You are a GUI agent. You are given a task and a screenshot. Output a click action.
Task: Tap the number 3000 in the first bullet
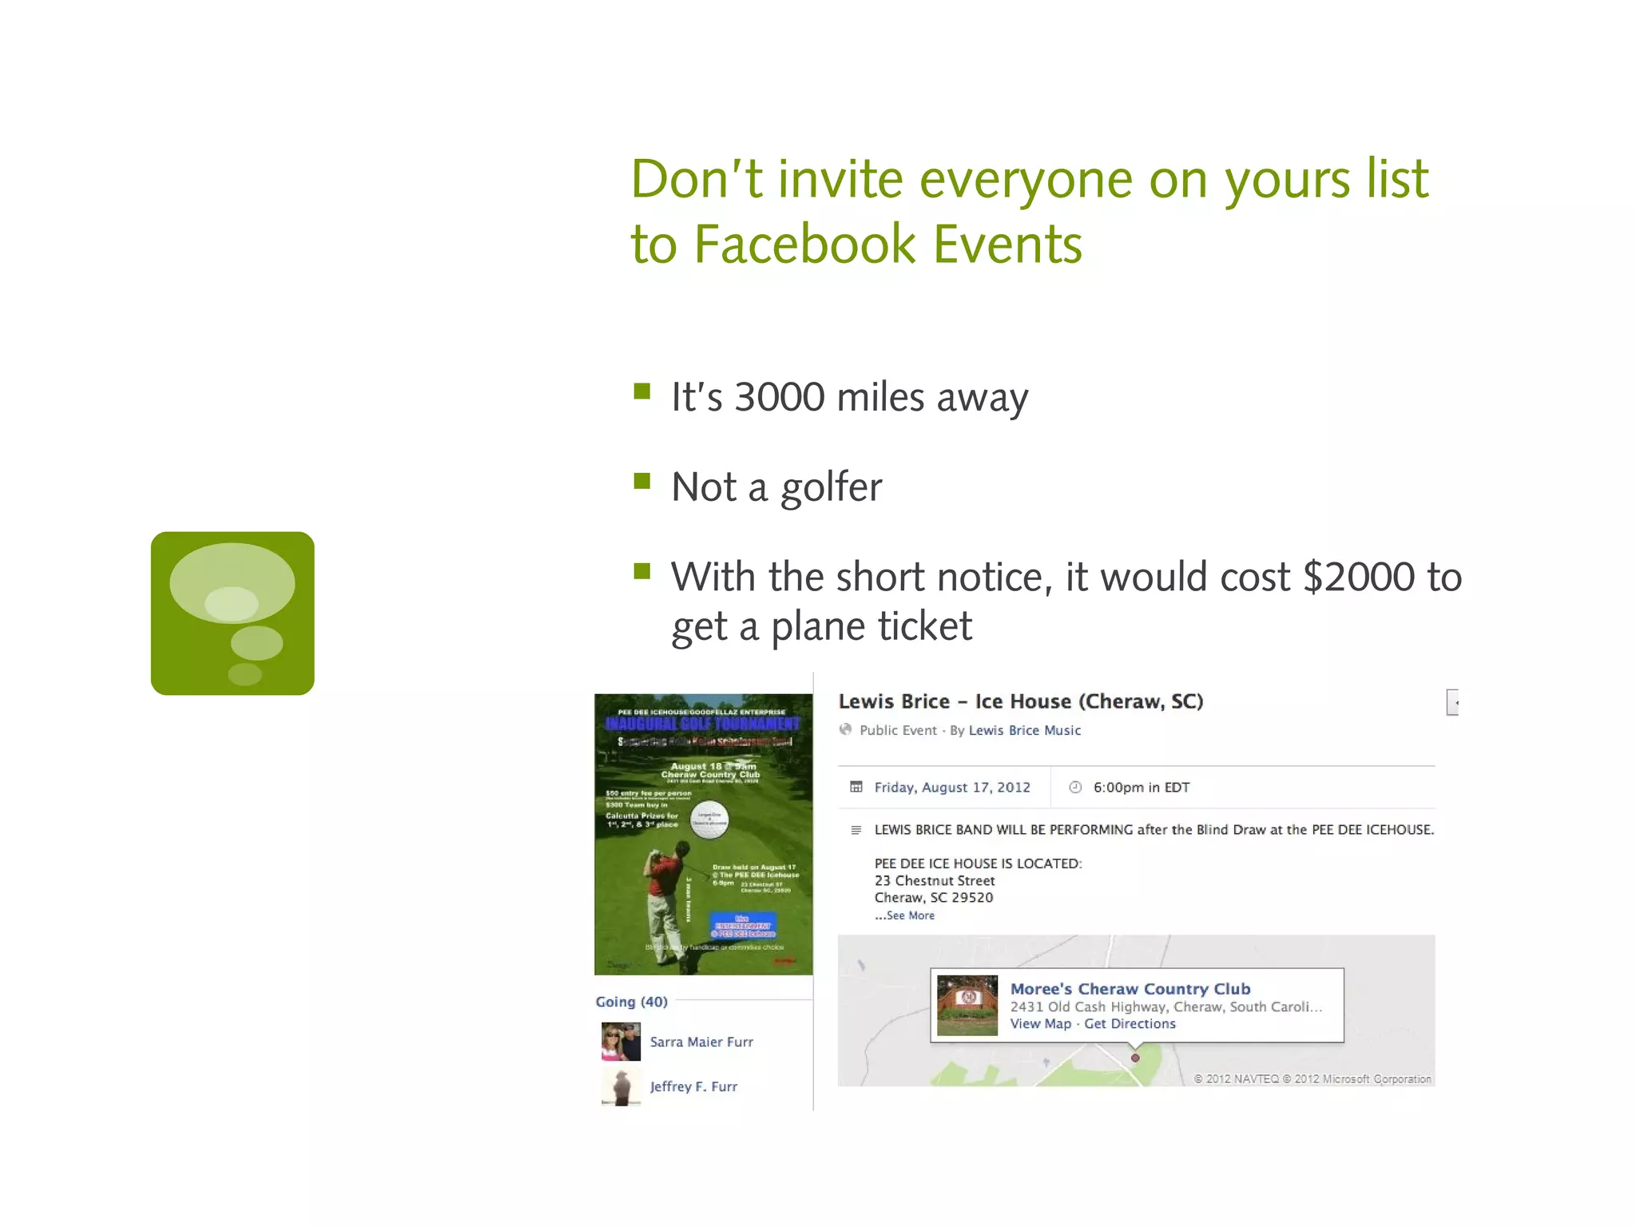779,397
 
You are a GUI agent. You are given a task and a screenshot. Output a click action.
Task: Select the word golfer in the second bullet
831,487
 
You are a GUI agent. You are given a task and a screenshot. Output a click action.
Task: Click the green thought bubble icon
232,613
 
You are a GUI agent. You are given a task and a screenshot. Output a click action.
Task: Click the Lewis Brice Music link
1024,730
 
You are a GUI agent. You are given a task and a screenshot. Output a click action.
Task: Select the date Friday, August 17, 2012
952,788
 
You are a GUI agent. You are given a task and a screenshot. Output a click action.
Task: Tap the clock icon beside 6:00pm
1075,788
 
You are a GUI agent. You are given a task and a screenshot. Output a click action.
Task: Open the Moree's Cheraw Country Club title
1130,989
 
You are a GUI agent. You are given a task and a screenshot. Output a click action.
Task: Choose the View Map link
1040,1024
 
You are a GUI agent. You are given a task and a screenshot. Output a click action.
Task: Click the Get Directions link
1130,1024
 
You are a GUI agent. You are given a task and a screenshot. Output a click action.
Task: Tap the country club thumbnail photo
967,1005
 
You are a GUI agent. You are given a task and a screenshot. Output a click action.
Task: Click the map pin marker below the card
1135,1058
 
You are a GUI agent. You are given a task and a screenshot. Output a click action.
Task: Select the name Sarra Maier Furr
701,1042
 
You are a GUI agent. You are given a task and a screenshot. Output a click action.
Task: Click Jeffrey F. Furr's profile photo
621,1087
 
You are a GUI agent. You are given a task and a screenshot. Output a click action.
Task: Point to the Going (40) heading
631,1002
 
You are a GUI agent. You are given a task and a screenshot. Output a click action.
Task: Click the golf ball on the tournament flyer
709,820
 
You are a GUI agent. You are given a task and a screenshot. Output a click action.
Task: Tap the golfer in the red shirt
665,895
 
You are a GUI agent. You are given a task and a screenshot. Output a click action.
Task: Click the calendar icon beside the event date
856,788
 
